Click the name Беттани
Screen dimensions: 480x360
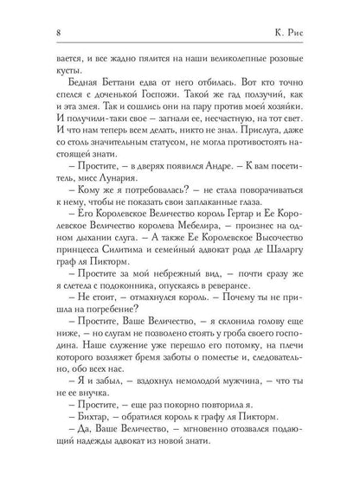tap(99, 93)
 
